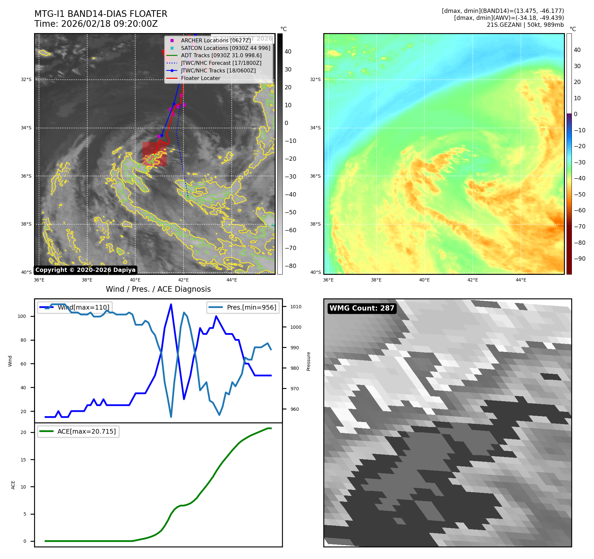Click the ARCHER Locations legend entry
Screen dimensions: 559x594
click(216, 40)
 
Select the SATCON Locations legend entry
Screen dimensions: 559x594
click(225, 48)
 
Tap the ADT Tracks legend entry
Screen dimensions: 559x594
click(221, 56)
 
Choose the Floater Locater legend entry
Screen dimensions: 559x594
click(200, 78)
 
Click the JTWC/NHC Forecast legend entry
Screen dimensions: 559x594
click(221, 63)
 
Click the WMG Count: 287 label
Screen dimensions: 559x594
click(362, 308)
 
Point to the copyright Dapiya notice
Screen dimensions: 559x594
click(85, 270)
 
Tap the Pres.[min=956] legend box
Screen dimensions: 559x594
click(243, 307)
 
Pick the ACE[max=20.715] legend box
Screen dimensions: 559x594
click(78, 431)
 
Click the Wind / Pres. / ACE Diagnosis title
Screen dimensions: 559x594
click(158, 289)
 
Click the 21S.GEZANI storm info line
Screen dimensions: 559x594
click(525, 25)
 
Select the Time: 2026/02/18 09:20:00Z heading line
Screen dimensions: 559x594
click(96, 24)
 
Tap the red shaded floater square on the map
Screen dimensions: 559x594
click(154, 154)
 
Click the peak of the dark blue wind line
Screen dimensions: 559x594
click(171, 304)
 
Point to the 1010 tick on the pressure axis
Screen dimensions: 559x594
click(296, 307)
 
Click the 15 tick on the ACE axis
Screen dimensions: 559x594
click(23, 460)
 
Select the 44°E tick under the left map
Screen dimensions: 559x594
click(231, 280)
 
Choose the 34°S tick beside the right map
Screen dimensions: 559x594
click(315, 128)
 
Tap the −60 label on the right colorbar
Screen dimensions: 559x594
click(579, 210)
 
